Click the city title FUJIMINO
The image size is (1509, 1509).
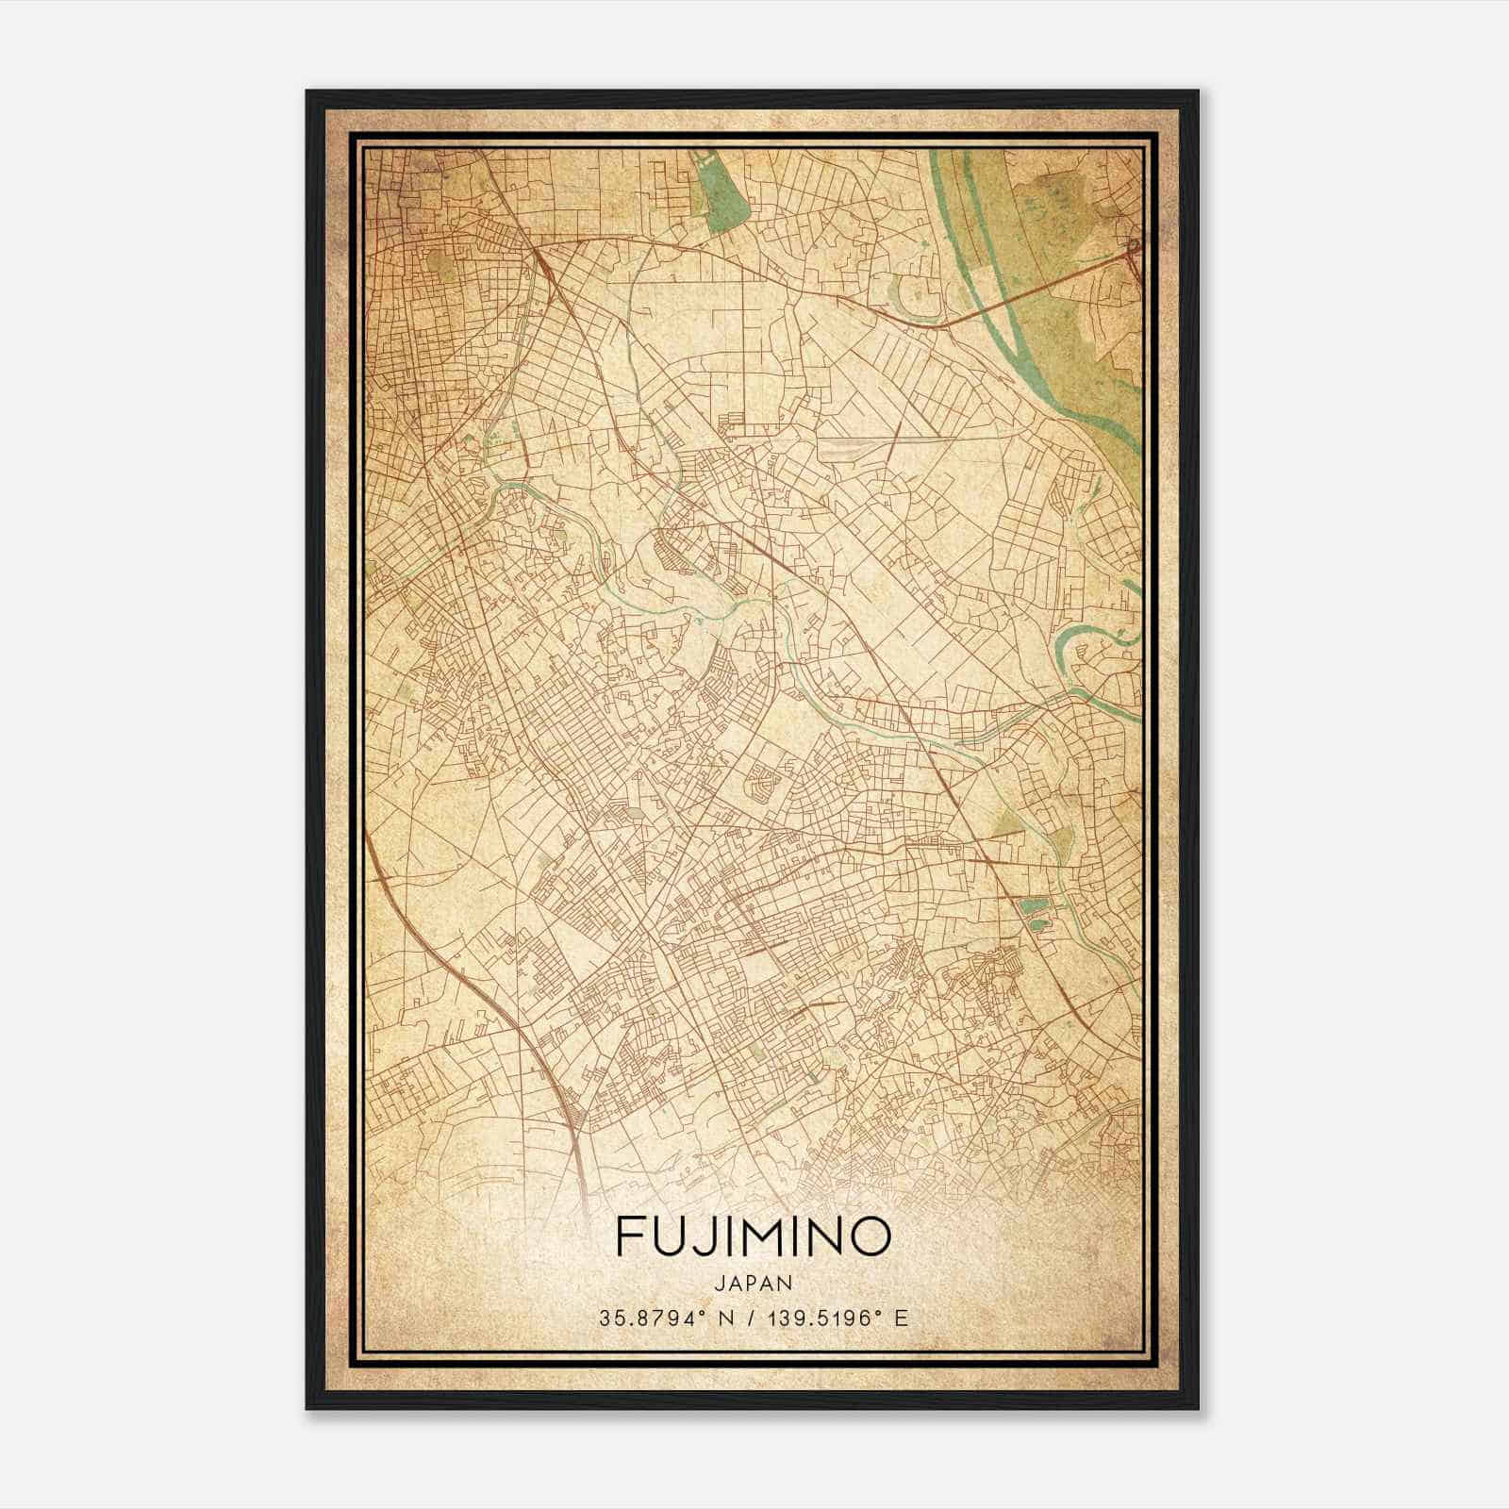click(754, 1236)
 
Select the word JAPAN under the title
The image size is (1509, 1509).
click(754, 1283)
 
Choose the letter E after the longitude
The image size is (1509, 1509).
click(902, 1318)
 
